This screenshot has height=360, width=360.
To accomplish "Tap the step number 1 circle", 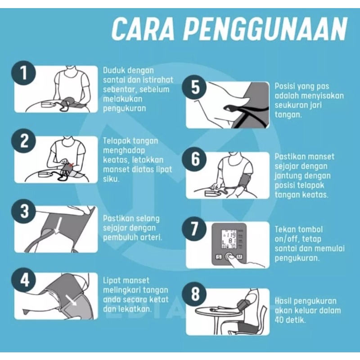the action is (23, 72).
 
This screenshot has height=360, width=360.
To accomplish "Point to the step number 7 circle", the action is (194, 229).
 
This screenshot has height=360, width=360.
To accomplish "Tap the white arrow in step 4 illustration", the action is (71, 300).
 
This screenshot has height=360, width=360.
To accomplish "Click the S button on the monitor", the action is (219, 257).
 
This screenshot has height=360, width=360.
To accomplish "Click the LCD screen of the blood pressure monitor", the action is (229, 239).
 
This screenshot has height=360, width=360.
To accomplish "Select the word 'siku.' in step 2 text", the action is (111, 179).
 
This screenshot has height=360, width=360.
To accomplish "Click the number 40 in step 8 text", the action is (279, 320).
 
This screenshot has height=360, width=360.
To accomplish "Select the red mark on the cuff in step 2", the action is (72, 164).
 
